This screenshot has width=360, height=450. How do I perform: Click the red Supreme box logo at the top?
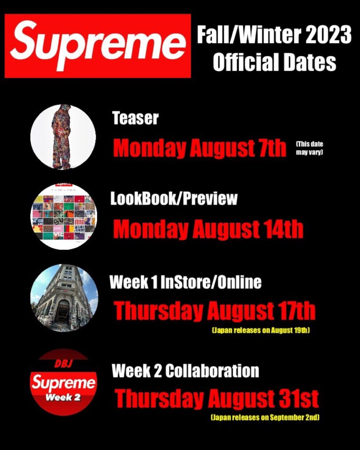coord(98,46)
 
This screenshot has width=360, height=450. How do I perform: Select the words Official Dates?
coord(274,62)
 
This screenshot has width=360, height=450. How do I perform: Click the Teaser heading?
coord(135,118)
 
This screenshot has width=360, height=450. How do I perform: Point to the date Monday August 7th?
coord(200,148)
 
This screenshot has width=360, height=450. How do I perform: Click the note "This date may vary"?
coord(312,148)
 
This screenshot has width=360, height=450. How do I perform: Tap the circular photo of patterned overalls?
coord(63,137)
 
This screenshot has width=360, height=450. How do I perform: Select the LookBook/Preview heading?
coord(174,199)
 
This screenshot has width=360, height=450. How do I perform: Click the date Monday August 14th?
coord(208,229)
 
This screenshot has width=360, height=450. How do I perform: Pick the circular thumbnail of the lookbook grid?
coord(64,216)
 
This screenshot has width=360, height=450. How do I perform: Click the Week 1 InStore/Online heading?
coord(185,282)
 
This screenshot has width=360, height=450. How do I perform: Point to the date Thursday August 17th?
coord(215,311)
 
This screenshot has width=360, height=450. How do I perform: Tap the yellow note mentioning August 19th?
coord(261,330)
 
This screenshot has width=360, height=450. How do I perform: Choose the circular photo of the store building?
coord(64,298)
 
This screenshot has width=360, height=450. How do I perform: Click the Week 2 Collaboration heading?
coord(185,371)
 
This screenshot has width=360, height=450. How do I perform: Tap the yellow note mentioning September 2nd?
coord(265,417)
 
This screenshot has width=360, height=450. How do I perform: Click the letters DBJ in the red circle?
coord(63,364)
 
